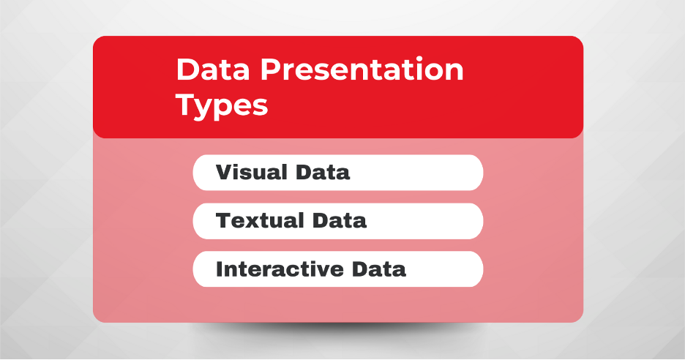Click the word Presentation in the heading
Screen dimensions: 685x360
point(362,70)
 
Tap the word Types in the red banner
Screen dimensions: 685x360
point(222,106)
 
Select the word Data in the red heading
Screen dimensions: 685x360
point(213,70)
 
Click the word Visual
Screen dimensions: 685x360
point(252,172)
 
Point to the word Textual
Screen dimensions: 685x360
point(260,220)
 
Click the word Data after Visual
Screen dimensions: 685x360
point(323,172)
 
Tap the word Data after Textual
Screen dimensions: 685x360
point(340,220)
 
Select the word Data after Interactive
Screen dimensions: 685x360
point(379,269)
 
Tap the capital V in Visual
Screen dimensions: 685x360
point(225,172)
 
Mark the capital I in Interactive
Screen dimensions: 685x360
point(220,269)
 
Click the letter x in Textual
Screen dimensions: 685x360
point(255,222)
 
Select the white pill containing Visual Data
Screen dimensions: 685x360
point(337,173)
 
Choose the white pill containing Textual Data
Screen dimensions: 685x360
point(337,221)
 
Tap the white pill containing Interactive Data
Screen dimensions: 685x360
point(337,269)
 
